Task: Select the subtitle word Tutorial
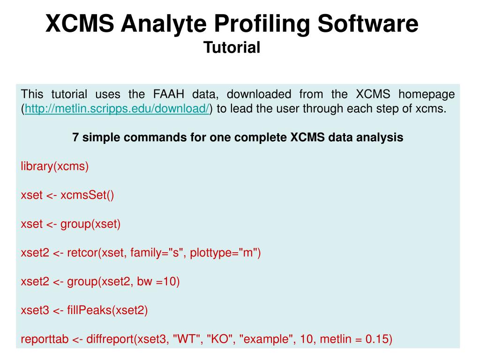(x=232, y=47)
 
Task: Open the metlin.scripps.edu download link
(x=117, y=109)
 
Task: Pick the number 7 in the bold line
(x=75, y=137)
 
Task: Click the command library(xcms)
(x=55, y=166)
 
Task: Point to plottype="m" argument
(x=225, y=253)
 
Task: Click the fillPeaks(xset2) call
(x=107, y=310)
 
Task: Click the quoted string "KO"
(x=219, y=339)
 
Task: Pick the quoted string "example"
(x=266, y=339)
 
